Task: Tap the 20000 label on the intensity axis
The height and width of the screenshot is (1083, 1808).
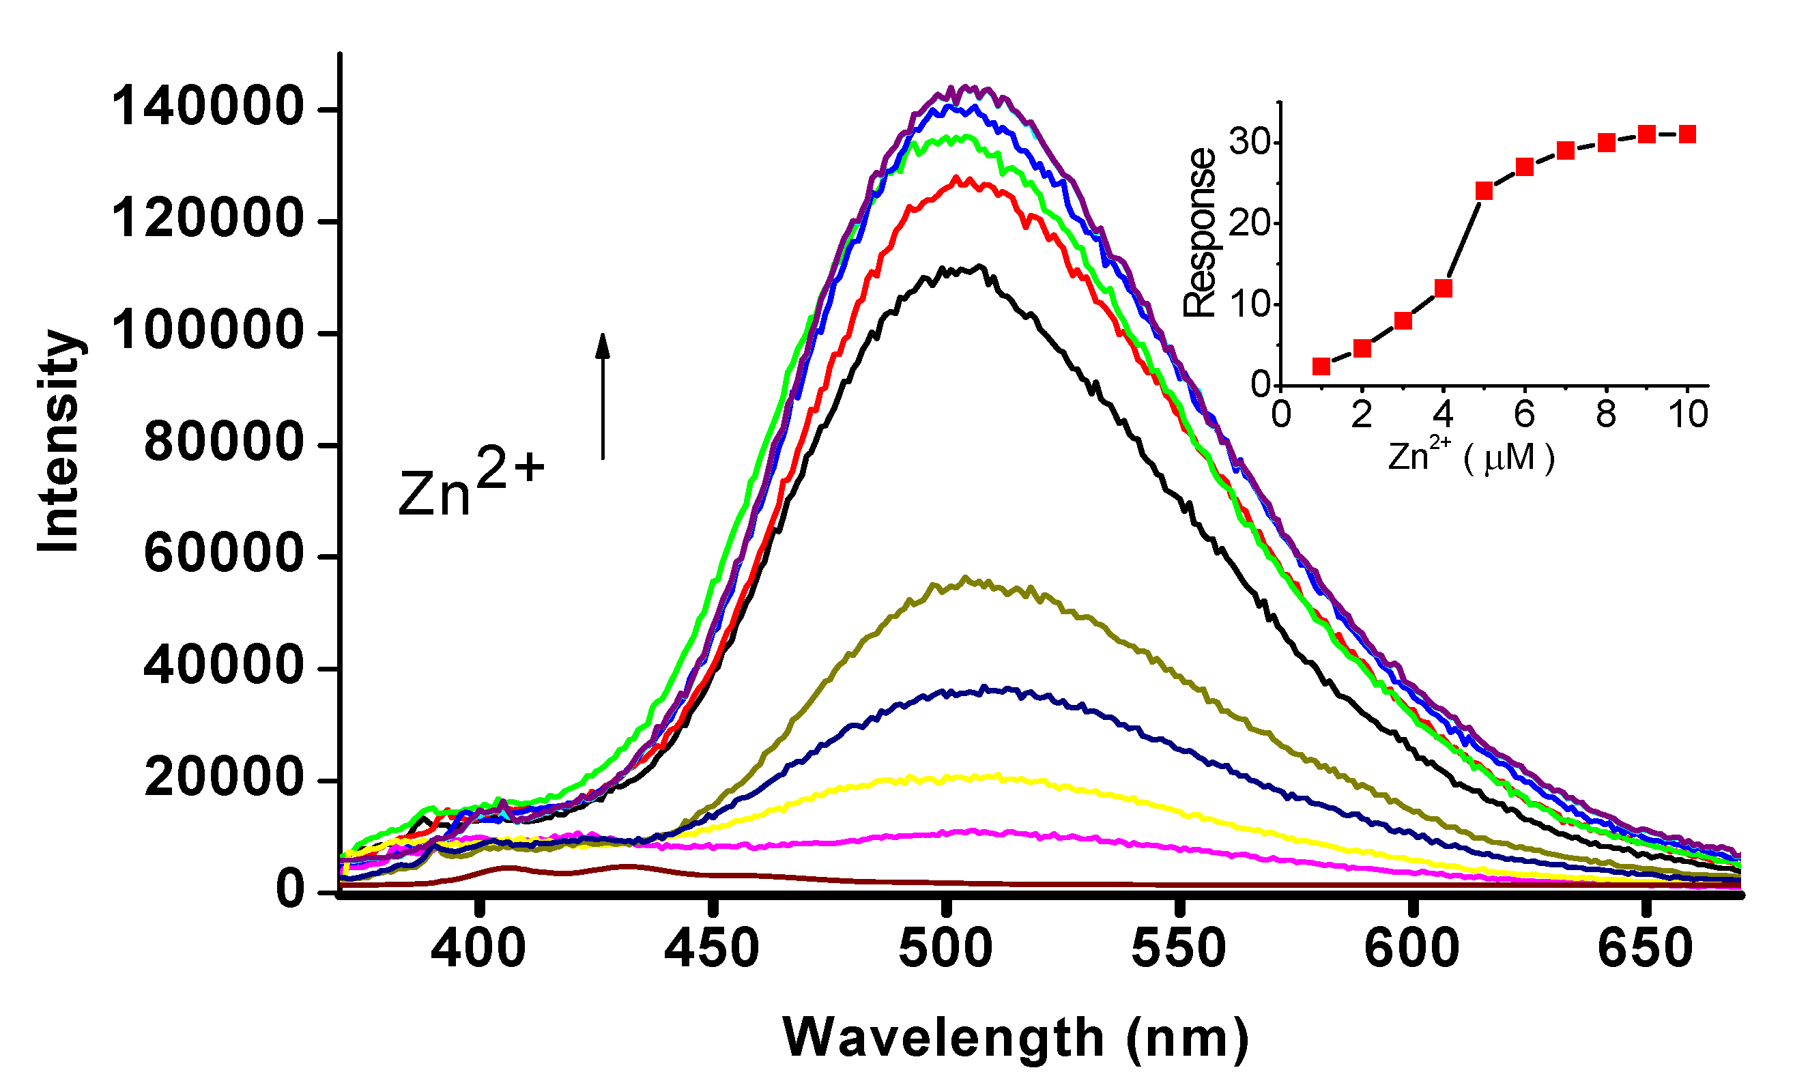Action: coord(223,777)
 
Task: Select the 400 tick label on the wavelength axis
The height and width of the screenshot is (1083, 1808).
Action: coord(478,949)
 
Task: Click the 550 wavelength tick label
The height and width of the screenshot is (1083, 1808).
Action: coord(1178,949)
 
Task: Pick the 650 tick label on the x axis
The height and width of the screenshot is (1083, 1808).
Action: coord(1644,949)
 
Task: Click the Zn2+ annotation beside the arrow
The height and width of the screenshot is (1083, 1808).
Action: coord(471,485)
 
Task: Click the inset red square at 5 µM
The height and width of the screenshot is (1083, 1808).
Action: coord(1484,191)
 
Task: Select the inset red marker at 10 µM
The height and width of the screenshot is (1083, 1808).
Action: coord(1687,134)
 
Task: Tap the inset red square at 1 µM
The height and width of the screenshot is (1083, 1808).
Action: coord(1321,366)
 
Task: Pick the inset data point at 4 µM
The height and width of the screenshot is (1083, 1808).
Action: coord(1443,289)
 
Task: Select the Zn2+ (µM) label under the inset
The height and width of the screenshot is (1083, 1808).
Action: coord(1471,458)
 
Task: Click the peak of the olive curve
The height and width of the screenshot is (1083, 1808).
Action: coord(966,579)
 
